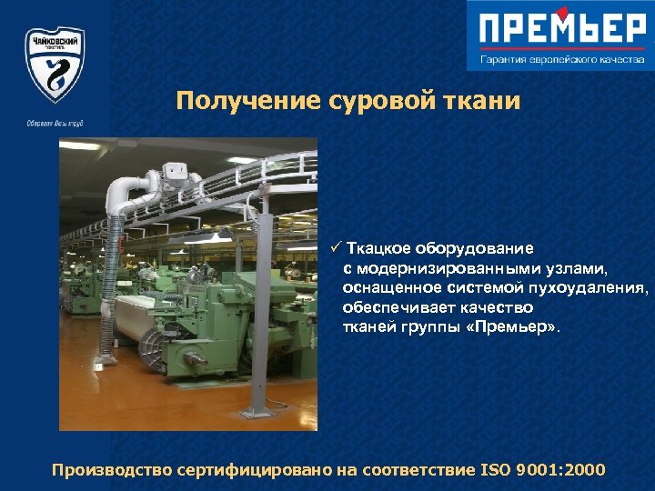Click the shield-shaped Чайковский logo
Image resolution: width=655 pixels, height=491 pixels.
[x=55, y=64]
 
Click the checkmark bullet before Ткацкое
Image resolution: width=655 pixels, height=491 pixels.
[x=336, y=247]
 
